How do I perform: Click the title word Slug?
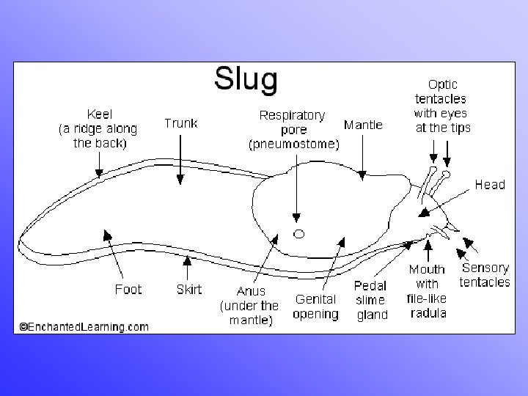pyautogui.click(x=246, y=78)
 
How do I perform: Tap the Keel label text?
pyautogui.click(x=99, y=128)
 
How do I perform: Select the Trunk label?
pyautogui.click(x=180, y=123)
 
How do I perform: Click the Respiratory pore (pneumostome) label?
pyautogui.click(x=293, y=130)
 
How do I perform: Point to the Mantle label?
pyautogui.click(x=363, y=125)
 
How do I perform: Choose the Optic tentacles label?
pyautogui.click(x=442, y=106)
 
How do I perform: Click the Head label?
pyautogui.click(x=490, y=184)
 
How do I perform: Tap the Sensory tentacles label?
pyautogui.click(x=484, y=275)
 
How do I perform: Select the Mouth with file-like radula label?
pyautogui.click(x=427, y=291)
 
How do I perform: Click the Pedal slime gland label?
pyautogui.click(x=371, y=300)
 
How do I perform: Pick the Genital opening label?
pyautogui.click(x=315, y=307)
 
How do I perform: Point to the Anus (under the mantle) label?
pyautogui.click(x=249, y=305)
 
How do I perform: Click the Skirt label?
pyautogui.click(x=189, y=289)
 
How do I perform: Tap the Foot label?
pyautogui.click(x=128, y=289)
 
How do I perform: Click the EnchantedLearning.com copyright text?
pyautogui.click(x=84, y=326)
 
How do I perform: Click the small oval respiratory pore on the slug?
pyautogui.click(x=299, y=234)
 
